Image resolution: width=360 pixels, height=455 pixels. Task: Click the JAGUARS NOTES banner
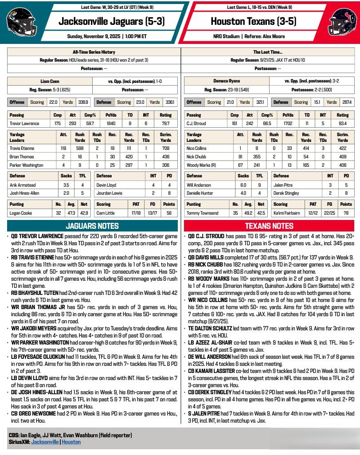click(x=92, y=226)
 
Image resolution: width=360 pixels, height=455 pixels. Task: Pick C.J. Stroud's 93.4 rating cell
click(x=343, y=123)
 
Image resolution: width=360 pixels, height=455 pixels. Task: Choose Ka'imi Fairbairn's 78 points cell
click(x=346, y=213)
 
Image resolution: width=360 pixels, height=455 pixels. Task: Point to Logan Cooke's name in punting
click(x=21, y=213)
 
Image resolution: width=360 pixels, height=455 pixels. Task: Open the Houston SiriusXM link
click(x=71, y=442)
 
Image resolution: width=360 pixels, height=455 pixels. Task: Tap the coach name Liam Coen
click(x=49, y=82)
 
